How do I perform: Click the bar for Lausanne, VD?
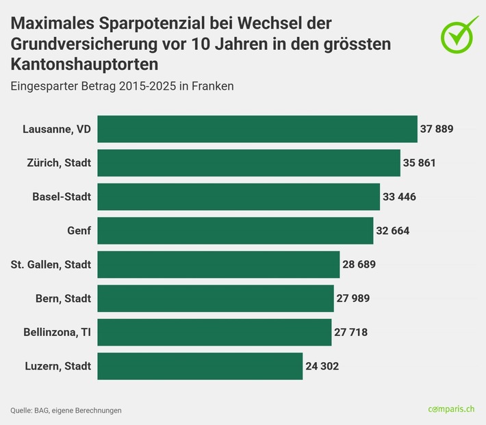(257, 129)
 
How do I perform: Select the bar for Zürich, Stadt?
(248, 163)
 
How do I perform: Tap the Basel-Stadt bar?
(238, 196)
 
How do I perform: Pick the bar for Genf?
(235, 231)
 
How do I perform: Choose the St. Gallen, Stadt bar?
(218, 264)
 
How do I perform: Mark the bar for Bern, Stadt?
(216, 298)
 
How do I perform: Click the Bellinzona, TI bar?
(214, 332)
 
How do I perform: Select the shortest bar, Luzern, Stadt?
(200, 366)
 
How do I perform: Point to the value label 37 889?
(437, 129)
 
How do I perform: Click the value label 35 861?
(420, 163)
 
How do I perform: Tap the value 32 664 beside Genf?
(393, 231)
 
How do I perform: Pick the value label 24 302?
(322, 366)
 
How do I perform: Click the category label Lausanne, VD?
(57, 129)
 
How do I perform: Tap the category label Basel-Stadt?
(62, 196)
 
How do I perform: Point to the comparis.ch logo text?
(451, 409)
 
